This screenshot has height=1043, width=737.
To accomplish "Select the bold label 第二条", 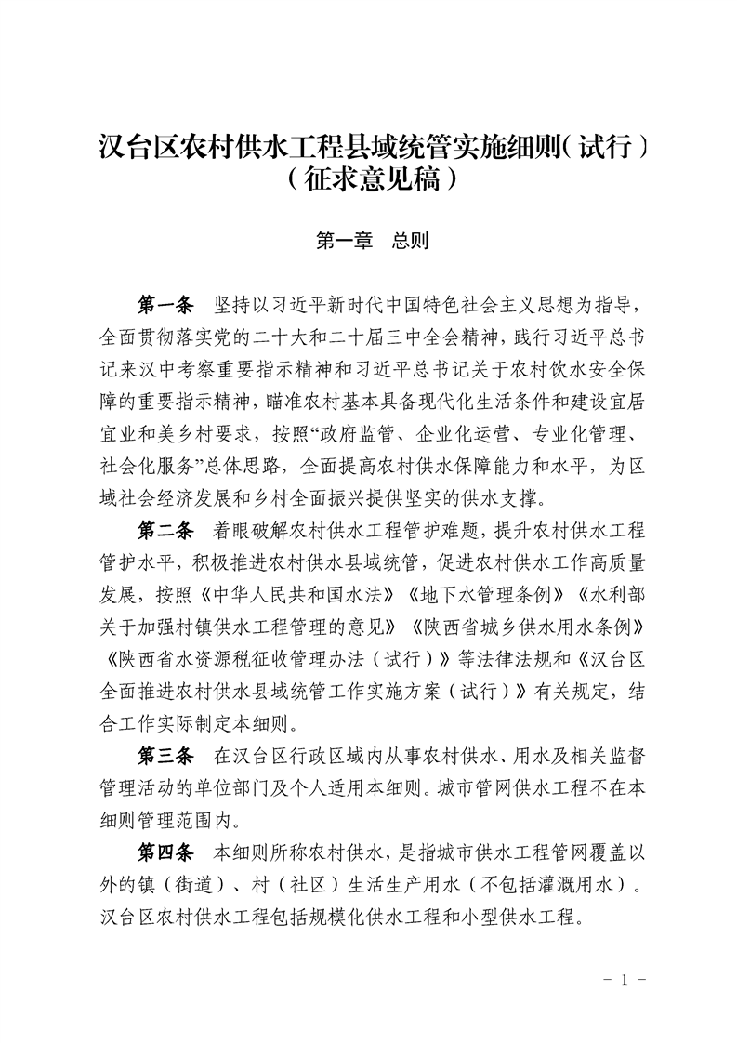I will tap(165, 531).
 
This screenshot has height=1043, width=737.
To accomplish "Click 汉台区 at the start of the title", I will tap(131, 145).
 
